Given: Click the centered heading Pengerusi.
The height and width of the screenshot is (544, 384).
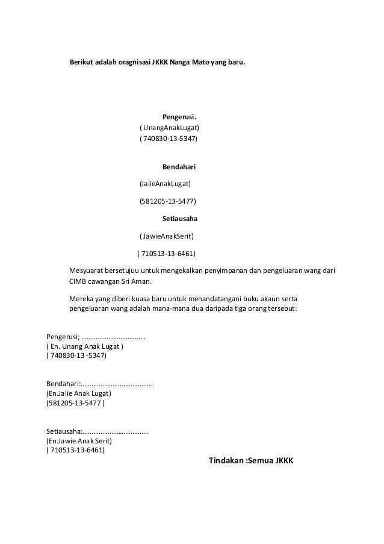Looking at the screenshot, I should click(180, 116).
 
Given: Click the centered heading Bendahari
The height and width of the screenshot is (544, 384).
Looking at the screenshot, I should click(179, 166).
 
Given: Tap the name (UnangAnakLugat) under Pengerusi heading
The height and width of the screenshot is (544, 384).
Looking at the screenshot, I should click(169, 128).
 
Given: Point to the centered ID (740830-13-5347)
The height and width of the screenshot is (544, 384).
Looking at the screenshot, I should click(168, 139).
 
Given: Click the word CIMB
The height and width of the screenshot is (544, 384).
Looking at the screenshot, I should click(80, 281).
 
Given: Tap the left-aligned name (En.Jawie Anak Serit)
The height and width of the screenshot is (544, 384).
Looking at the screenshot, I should click(78, 440).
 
